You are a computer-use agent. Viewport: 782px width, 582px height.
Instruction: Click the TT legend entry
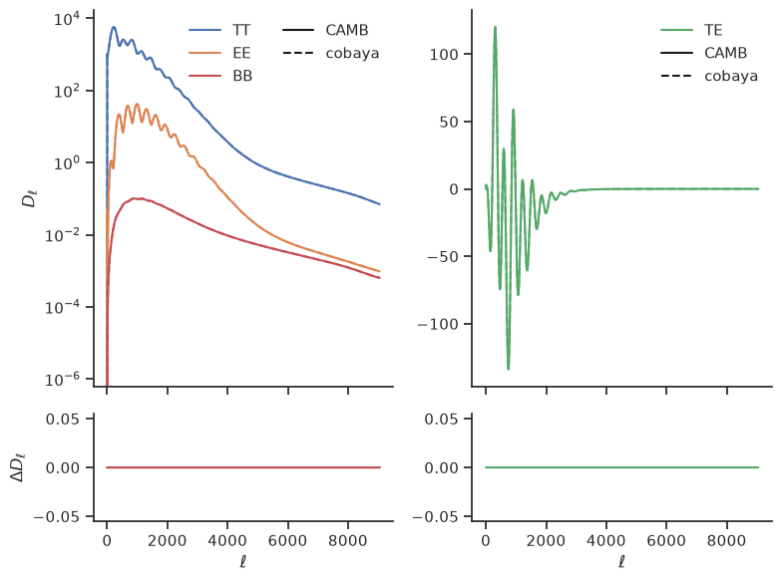pos(219,30)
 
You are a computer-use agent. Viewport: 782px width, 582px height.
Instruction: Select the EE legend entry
pos(219,53)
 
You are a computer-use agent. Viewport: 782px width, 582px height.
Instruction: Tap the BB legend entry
pos(220,76)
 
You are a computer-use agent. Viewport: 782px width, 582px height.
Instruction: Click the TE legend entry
pos(692,30)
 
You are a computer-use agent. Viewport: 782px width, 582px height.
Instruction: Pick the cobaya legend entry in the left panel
pos(331,53)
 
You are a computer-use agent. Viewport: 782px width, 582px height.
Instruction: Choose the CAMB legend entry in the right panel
pos(704,53)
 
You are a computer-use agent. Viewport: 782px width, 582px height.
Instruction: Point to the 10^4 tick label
pos(66,19)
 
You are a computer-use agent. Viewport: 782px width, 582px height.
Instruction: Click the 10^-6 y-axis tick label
pos(62,381)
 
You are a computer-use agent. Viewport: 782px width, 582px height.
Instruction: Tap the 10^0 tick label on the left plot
pos(66,163)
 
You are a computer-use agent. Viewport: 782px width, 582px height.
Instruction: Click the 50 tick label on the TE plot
pos(449,122)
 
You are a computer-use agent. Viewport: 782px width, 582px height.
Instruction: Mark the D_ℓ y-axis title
pos(30,198)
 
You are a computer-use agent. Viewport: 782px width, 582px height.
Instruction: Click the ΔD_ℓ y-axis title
pos(18,467)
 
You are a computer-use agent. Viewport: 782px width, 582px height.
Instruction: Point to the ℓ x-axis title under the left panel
pos(243,562)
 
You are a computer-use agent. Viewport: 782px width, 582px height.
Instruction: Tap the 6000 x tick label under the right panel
pos(666,540)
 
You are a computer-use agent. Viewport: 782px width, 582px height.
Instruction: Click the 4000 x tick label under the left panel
pos(227,540)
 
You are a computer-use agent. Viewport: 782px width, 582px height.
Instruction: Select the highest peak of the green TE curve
pos(495,27)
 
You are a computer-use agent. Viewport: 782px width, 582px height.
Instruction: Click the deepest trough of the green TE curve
pos(509,369)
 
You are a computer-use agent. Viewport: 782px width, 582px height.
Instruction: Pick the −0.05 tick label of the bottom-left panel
pos(56,516)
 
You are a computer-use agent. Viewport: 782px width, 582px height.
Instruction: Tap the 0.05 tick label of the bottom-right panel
pos(441,419)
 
